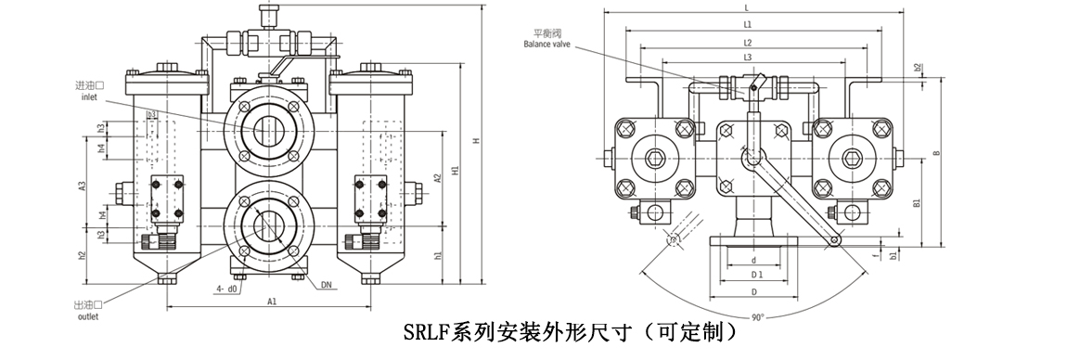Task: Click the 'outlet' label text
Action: coord(86,315)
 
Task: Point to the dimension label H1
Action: coord(454,170)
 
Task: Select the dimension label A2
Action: coord(437,178)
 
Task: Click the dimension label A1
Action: coord(272,302)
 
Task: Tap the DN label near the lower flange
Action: coord(327,285)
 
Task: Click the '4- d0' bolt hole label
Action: coord(226,289)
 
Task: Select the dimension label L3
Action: coord(747,58)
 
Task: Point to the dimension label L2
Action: coord(747,43)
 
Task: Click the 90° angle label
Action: coord(757,317)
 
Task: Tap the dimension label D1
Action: coord(756,276)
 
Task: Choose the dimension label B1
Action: coord(916,202)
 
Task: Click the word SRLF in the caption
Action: coord(428,331)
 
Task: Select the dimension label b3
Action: coord(151,114)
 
